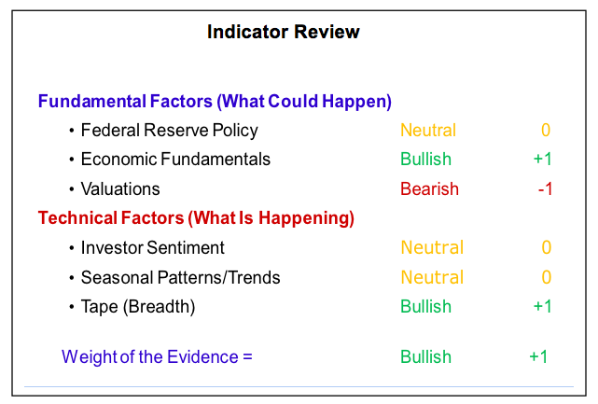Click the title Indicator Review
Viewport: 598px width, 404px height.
(x=284, y=32)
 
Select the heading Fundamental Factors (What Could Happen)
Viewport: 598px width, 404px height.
(x=215, y=102)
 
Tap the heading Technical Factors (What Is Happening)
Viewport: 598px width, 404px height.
(x=196, y=218)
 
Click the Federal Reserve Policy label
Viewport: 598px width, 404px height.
(x=170, y=131)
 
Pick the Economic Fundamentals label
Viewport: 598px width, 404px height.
(x=175, y=160)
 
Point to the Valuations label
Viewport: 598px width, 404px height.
(x=120, y=188)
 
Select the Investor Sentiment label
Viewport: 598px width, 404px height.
(x=153, y=247)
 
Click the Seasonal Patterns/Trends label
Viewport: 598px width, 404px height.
(x=180, y=277)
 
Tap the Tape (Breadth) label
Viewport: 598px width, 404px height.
(x=138, y=307)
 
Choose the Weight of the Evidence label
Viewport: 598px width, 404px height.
(x=157, y=357)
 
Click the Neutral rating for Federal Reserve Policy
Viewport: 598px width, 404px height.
(x=428, y=131)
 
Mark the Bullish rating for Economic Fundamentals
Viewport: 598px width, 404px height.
(x=426, y=160)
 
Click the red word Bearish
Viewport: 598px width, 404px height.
(x=429, y=188)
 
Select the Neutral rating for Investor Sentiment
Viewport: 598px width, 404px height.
(x=432, y=247)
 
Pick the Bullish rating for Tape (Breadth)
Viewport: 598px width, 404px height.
(x=426, y=306)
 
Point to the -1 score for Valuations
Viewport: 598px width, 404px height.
(x=545, y=188)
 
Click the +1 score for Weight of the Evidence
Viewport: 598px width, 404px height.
(x=538, y=357)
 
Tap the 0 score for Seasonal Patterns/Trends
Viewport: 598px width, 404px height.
(x=547, y=277)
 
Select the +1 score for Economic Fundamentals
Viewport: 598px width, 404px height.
(x=542, y=160)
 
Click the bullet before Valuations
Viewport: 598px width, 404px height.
(x=71, y=189)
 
